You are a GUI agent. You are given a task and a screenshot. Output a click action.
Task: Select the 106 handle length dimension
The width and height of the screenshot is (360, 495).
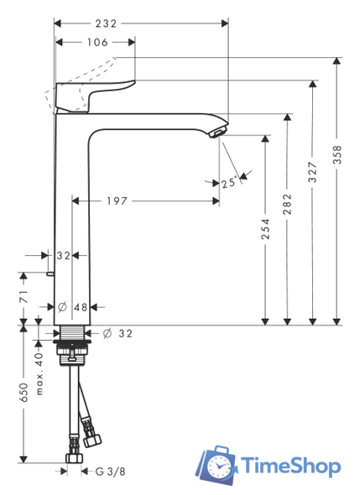97,41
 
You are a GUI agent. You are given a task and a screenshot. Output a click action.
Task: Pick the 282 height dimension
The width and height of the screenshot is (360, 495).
288,204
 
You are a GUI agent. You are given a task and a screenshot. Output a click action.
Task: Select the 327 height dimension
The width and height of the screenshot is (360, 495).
312,173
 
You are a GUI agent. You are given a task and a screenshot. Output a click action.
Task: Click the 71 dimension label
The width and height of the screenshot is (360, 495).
24,295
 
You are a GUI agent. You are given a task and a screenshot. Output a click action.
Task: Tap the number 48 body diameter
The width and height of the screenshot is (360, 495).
80,307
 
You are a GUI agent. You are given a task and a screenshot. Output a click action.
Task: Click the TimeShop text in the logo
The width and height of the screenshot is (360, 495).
289,466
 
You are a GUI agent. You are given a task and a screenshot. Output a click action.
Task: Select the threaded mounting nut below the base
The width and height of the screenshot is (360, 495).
75,348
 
